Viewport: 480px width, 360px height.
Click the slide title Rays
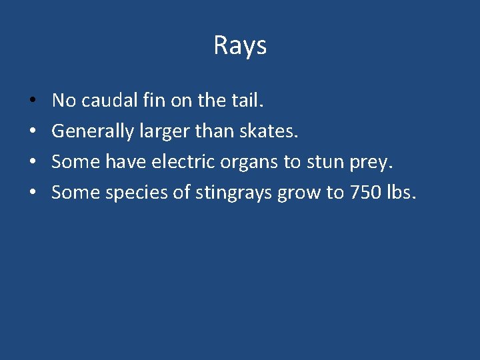click(240, 45)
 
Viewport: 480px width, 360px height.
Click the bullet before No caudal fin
click(33, 101)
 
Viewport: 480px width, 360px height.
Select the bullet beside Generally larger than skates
click(33, 132)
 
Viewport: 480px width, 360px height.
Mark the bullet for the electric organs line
click(33, 163)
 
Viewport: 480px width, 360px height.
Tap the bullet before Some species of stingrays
click(33, 193)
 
